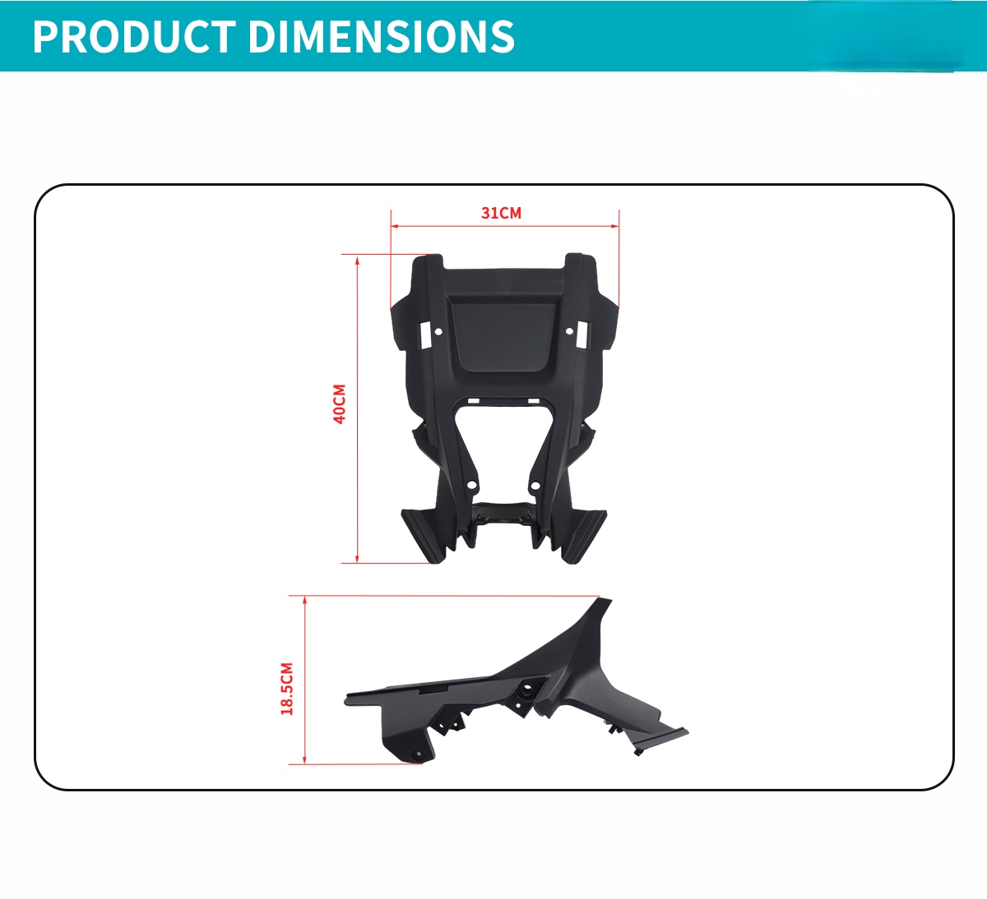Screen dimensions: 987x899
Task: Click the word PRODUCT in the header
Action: (x=134, y=36)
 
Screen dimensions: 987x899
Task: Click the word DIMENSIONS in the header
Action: (x=382, y=36)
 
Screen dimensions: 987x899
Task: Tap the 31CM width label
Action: (x=501, y=213)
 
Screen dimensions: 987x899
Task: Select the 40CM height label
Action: (x=340, y=403)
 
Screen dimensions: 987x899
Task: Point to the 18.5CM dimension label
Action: (x=287, y=689)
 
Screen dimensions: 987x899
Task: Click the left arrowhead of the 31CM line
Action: (x=394, y=226)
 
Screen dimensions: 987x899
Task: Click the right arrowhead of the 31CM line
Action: (x=615, y=226)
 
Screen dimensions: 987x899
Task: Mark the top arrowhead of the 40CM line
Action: (x=357, y=258)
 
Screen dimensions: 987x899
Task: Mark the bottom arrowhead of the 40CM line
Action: (x=357, y=559)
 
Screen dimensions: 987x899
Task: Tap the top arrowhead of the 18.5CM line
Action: (x=304, y=600)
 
